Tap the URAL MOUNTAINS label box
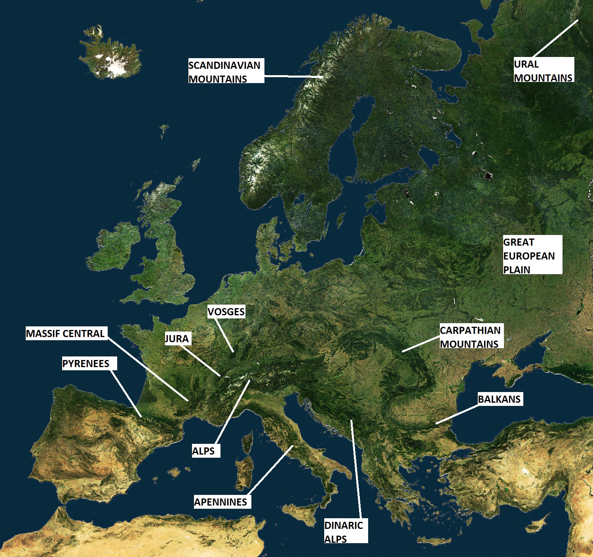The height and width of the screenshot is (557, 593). click(x=544, y=70)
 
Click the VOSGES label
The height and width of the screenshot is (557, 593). click(x=226, y=312)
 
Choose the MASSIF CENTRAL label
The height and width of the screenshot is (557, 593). click(x=66, y=333)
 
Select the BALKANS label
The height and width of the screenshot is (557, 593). click(x=500, y=399)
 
